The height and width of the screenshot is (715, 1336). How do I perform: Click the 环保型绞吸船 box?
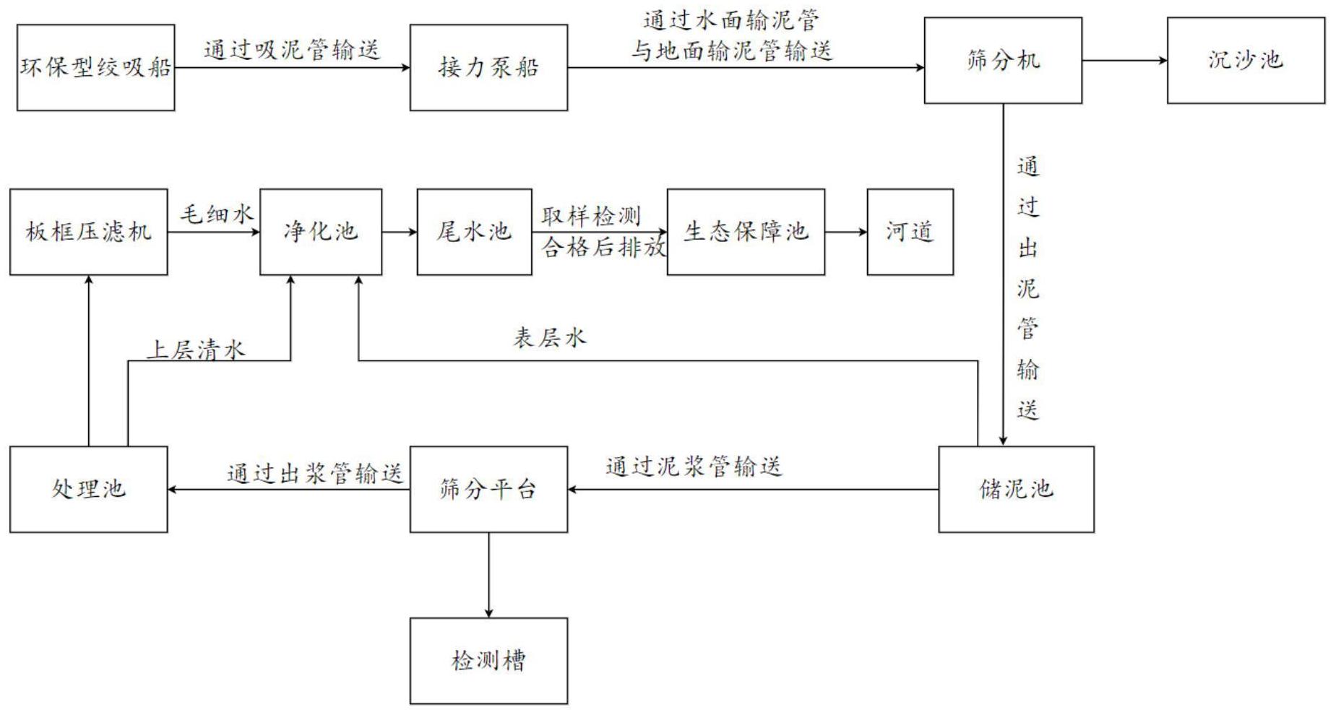click(95, 67)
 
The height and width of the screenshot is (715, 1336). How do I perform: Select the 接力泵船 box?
click(488, 67)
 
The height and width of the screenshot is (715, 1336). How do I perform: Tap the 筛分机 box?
click(1003, 60)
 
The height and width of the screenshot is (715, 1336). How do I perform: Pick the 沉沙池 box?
click(1246, 60)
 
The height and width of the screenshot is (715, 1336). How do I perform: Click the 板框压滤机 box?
click(88, 232)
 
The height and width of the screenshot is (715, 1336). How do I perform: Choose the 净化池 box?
click(321, 232)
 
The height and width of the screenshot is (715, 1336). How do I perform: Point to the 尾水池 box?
click(474, 232)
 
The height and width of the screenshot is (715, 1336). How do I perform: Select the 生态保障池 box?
click(746, 232)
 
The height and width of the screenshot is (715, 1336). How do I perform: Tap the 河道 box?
click(910, 232)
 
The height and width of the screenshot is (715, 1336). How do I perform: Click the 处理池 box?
click(88, 489)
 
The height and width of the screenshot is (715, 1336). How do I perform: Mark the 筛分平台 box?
click(488, 489)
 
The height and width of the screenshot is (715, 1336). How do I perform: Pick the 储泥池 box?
click(1016, 489)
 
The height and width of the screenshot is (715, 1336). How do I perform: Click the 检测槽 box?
click(488, 660)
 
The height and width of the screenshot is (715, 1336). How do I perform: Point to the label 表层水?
click(549, 338)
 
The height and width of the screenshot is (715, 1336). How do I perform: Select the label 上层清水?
click(196, 350)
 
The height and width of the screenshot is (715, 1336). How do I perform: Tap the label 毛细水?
click(216, 214)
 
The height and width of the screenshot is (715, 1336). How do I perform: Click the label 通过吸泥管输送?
click(291, 50)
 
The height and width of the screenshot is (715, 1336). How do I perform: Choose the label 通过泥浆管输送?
click(694, 467)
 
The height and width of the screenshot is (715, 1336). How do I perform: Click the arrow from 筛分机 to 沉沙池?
click(1124, 60)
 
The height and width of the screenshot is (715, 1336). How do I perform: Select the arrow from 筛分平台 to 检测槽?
click(488, 575)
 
